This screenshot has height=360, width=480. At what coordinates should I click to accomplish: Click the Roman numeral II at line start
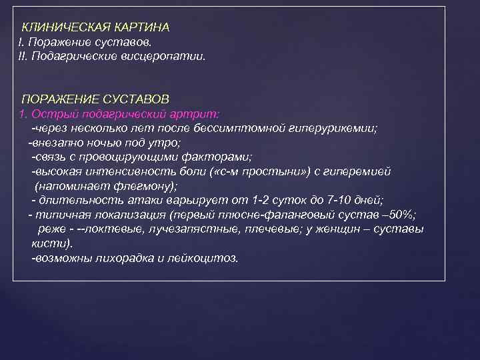22,57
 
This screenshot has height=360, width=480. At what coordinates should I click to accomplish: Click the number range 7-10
340,200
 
